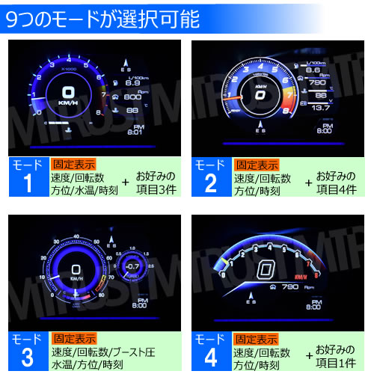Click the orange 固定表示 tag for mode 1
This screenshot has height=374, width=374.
coord(72,163)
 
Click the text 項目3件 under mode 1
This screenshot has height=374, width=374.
coord(156,187)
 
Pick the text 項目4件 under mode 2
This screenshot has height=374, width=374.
coord(340,187)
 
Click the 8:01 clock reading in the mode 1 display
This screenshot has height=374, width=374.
coord(135,132)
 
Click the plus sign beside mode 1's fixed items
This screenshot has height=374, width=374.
coord(126,182)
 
